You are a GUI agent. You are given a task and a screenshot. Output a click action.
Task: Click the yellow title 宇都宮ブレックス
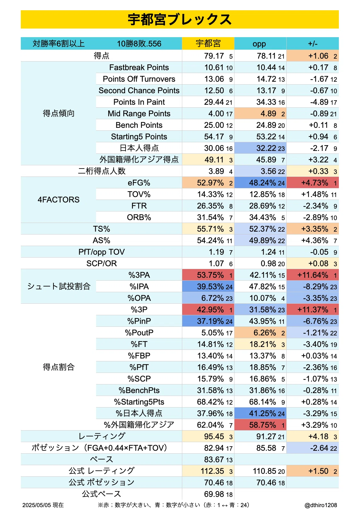180,20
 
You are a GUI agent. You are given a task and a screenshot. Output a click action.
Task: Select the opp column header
259,44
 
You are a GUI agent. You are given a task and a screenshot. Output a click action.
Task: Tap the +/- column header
313,44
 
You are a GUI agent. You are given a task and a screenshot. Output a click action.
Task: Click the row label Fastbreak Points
139,67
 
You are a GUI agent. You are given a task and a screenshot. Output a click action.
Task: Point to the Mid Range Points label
139,113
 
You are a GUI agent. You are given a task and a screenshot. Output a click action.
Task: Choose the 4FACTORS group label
59,200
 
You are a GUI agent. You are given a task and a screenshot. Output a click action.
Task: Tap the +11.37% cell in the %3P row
313,310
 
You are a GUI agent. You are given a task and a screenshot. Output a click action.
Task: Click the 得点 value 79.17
214,56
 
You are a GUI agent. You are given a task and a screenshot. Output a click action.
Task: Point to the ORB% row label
139,217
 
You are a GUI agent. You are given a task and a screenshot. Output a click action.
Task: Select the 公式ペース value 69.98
214,494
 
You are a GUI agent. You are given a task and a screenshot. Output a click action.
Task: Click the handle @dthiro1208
321,505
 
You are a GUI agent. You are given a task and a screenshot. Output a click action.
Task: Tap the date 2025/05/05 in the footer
37,505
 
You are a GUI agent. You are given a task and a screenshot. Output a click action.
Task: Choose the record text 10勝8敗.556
139,44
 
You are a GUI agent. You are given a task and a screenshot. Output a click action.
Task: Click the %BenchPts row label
139,390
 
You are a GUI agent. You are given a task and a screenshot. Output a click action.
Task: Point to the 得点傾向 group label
59,113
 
